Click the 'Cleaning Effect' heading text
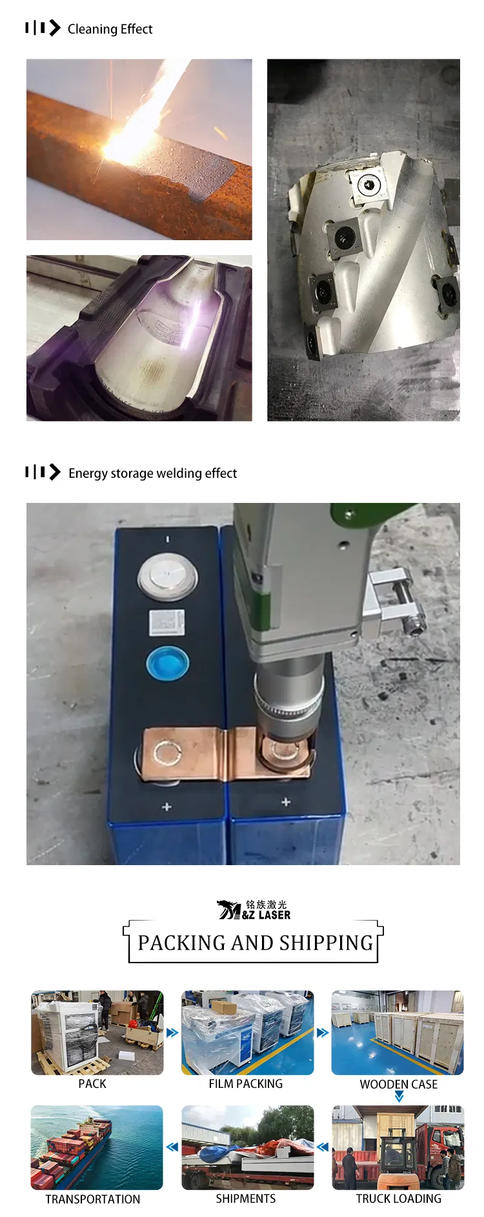coord(110,29)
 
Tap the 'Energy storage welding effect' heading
coord(152,473)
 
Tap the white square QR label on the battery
coord(167,622)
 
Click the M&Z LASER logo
coord(254,910)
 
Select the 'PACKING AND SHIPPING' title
coord(255,943)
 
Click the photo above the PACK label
coord(97,1032)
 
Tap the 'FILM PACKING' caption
coord(245,1084)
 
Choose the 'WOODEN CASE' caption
coord(398,1084)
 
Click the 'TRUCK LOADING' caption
coord(398,1198)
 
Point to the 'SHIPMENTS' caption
coord(245,1198)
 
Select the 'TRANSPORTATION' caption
coord(92,1199)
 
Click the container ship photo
coord(97,1147)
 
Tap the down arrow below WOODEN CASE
coord(399,1096)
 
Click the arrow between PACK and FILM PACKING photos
coord(172,1032)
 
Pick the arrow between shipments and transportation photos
coord(172,1147)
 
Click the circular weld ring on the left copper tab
coord(168,753)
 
